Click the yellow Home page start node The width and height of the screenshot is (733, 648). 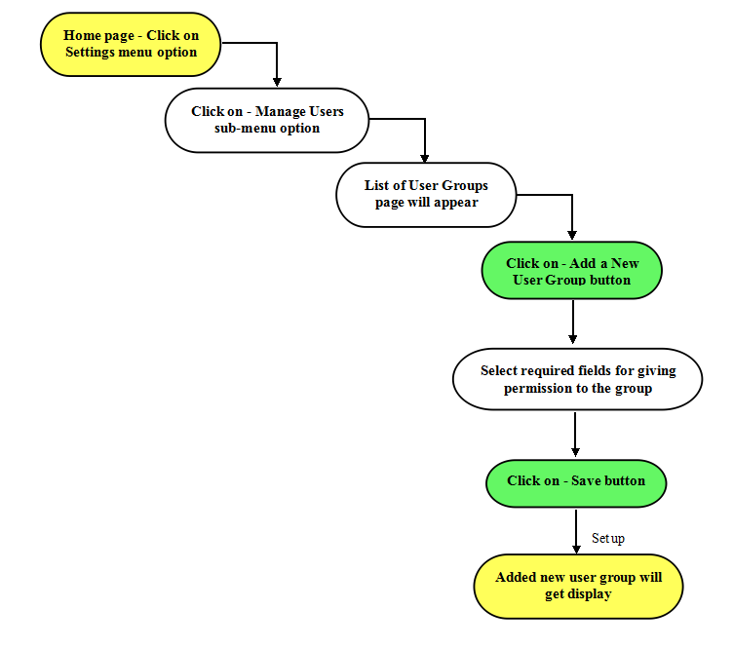coord(131,45)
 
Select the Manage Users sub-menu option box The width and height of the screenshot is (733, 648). coord(267,120)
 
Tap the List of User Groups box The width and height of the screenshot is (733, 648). coord(426,195)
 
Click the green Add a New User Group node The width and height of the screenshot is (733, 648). coord(572,271)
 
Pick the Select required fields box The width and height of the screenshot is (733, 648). coord(577,379)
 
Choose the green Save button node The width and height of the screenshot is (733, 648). coord(576,483)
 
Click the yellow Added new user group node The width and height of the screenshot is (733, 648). coord(578,587)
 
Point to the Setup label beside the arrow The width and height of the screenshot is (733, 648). coord(607,538)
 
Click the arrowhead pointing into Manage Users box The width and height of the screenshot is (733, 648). coord(277,82)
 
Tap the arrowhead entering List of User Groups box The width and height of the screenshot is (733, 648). coord(424,158)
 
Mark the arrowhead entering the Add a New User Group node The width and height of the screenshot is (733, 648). coord(572,235)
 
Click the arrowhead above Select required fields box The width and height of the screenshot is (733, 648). coord(573,339)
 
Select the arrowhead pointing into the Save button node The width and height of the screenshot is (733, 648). coord(575,452)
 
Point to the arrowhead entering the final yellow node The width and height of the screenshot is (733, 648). coord(576,550)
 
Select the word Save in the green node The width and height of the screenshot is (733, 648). coord(585,480)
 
